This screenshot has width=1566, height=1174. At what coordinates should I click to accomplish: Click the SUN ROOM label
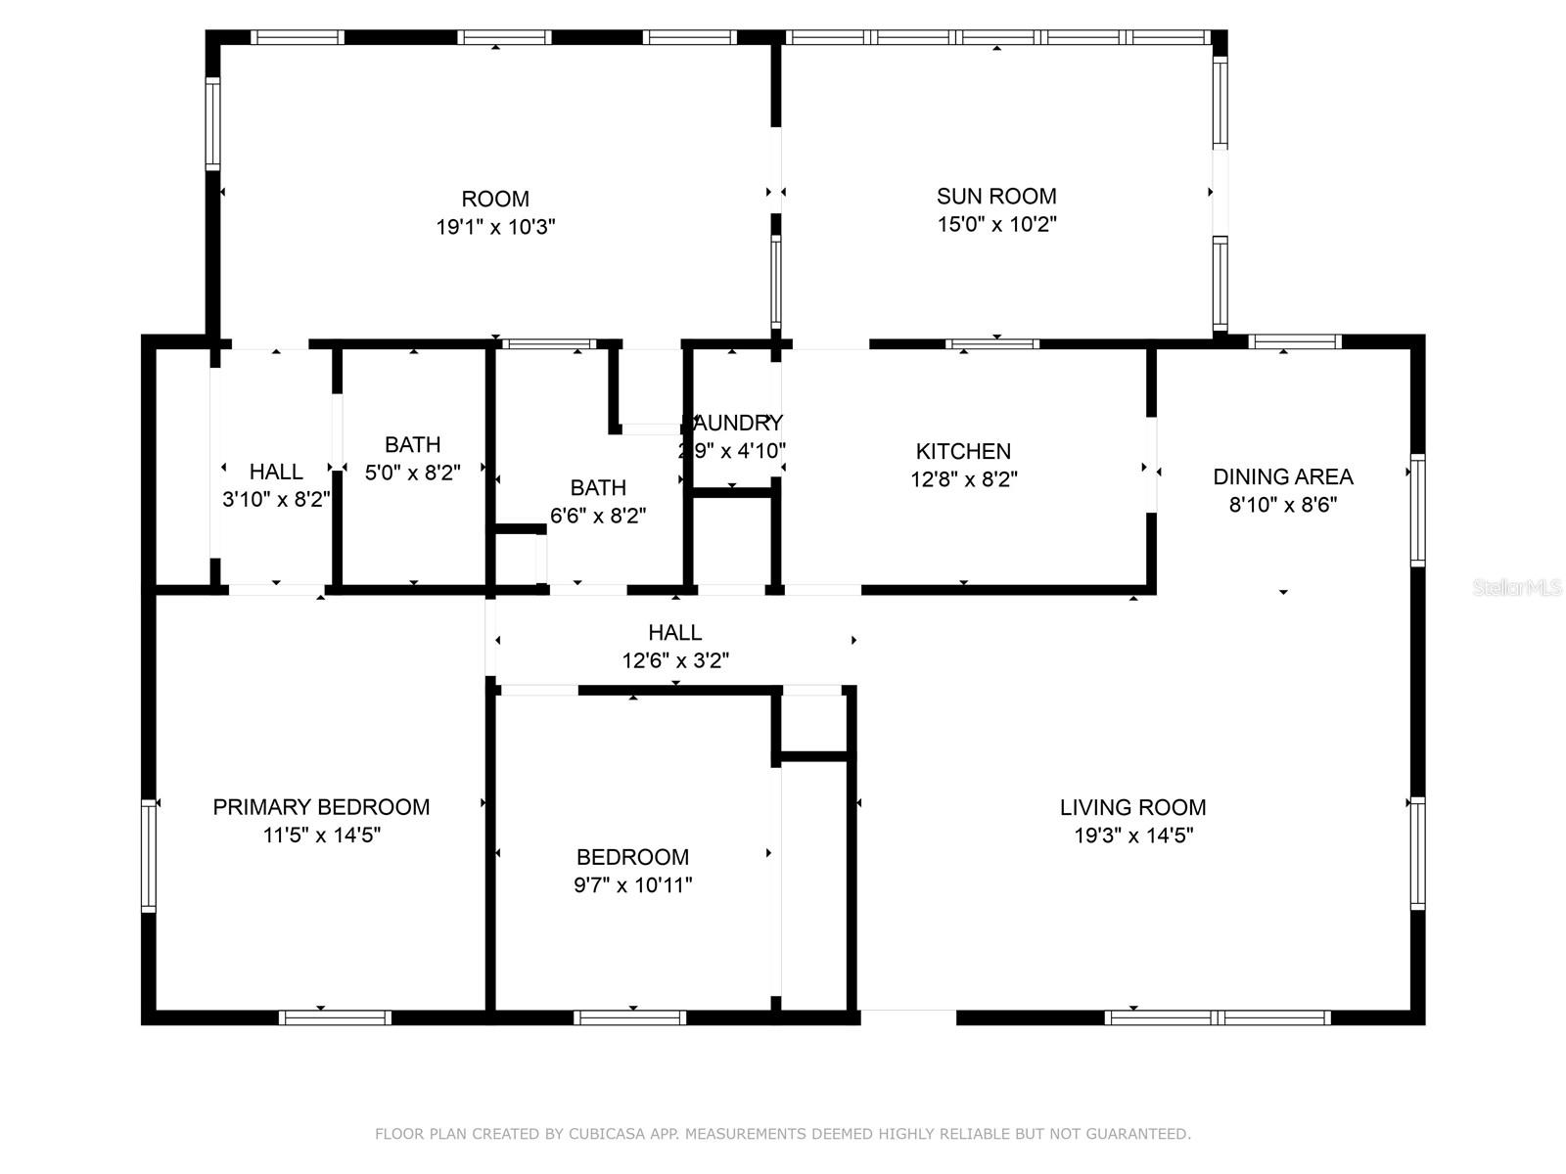pos(996,196)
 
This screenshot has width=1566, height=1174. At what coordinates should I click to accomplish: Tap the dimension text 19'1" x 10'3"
pos(495,227)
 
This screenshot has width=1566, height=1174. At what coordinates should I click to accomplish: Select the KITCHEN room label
pos(963,451)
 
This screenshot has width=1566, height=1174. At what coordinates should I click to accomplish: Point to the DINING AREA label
pos(1282,476)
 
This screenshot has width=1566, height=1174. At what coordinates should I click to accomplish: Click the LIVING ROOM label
pos(1132,807)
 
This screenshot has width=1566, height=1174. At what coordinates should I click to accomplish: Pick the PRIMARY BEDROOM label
pos(321,807)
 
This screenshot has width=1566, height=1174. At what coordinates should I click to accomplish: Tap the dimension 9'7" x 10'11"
pos(633,885)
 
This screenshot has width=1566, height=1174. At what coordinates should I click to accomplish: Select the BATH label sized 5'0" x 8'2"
pos(412,444)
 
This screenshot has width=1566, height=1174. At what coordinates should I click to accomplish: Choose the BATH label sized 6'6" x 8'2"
pos(598,487)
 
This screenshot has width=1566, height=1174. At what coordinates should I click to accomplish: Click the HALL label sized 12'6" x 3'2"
pos(674,632)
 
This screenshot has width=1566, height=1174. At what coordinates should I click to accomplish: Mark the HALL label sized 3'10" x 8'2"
pos(276,472)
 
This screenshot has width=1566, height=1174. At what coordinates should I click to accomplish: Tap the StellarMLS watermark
pos(1517,588)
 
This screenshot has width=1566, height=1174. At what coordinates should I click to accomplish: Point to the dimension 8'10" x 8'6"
pos(1282,505)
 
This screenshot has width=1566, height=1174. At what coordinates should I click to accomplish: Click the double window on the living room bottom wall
pos(1218,1017)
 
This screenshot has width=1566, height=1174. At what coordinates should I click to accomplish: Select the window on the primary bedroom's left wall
pos(149,855)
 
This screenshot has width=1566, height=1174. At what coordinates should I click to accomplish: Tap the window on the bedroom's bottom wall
pos(629,1017)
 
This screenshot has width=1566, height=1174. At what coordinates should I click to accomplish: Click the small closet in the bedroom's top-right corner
pos(813,722)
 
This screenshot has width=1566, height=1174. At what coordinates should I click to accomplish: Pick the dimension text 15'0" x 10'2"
pos(996,224)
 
